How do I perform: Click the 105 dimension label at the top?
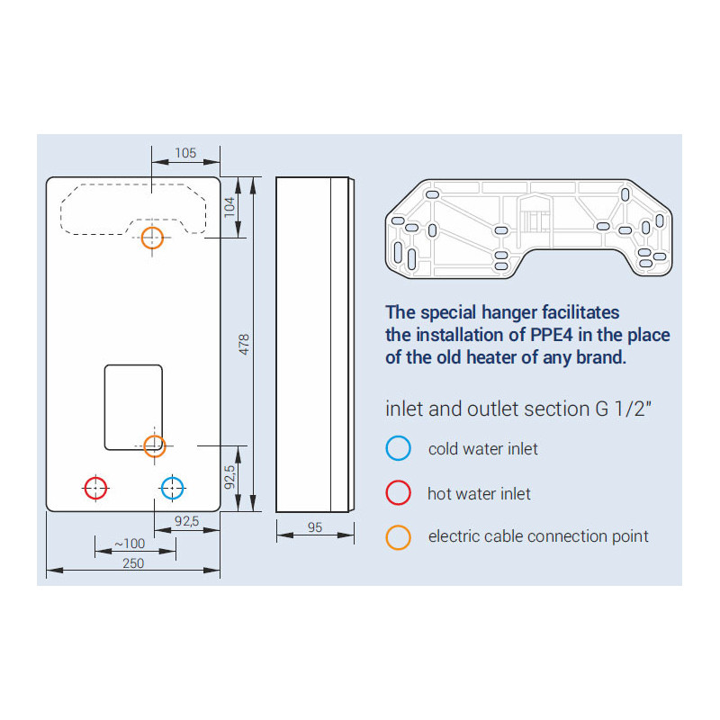click(185, 153)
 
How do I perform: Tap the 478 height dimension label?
click(244, 344)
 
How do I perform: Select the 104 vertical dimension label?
click(229, 207)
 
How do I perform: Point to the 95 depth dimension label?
click(315, 527)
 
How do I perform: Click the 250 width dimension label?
click(133, 563)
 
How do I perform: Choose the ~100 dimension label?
click(130, 544)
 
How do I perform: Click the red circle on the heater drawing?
click(95, 488)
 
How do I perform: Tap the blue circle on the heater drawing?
click(172, 488)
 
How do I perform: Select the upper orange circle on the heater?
click(152, 238)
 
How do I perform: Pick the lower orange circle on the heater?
click(155, 445)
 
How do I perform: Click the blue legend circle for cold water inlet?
click(398, 448)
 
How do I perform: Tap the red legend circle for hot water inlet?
click(398, 492)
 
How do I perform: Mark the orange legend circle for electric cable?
click(398, 537)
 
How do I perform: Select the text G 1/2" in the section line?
click(624, 409)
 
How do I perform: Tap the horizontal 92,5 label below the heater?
click(187, 521)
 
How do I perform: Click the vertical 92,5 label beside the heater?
click(229, 477)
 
